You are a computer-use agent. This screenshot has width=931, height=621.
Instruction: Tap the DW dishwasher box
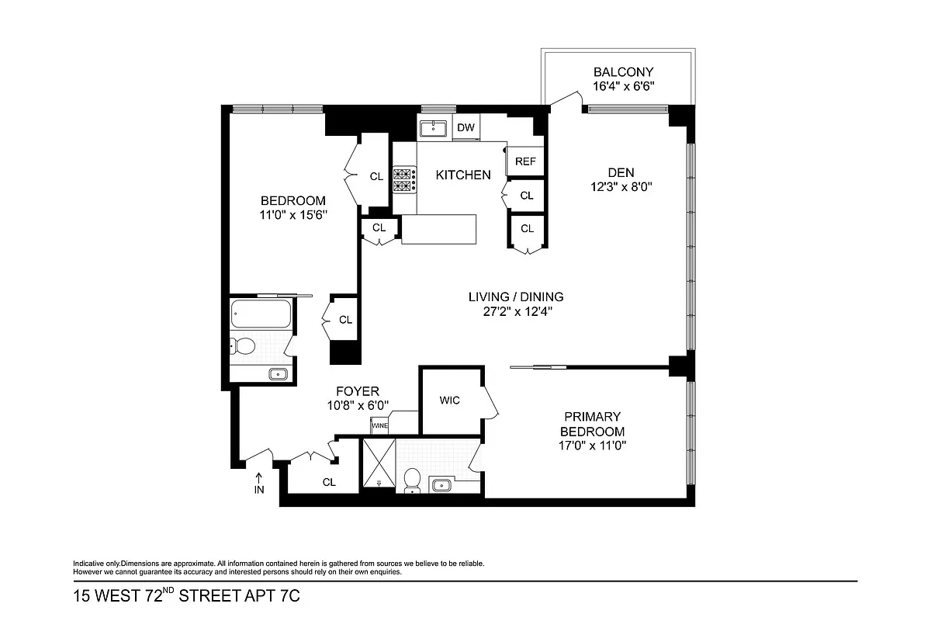[x=465, y=127]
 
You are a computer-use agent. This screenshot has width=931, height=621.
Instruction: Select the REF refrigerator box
[x=525, y=161]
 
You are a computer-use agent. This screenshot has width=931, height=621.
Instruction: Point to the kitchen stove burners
[x=403, y=181]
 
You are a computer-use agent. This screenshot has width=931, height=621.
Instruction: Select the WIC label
[x=449, y=401]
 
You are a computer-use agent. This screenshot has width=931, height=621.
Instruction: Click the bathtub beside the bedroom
[x=261, y=314]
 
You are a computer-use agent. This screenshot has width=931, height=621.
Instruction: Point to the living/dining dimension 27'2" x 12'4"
[x=515, y=311]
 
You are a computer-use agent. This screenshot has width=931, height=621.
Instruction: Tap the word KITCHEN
[x=462, y=175]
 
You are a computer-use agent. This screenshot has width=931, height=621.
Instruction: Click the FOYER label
[x=357, y=391]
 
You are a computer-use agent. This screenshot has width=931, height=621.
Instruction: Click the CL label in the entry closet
[x=329, y=482]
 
